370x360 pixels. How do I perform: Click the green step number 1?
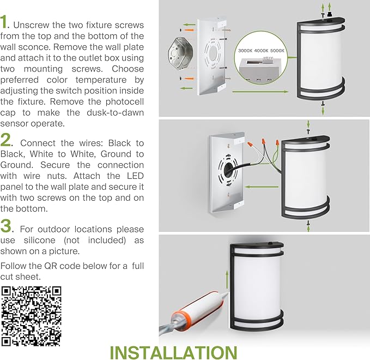pos(3,22)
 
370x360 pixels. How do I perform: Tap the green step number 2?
pos(5,140)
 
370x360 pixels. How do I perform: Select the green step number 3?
pos(5,226)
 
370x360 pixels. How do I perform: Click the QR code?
pos(31,316)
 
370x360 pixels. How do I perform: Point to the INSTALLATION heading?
pos(173,353)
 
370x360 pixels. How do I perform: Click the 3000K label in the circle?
pos(245,51)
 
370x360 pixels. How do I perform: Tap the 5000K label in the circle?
pos(277,51)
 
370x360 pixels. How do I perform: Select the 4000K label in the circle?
pos(261,51)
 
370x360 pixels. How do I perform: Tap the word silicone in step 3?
pos(40,240)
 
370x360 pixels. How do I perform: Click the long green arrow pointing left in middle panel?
pos(262,187)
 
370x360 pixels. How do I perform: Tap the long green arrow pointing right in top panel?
pos(260,92)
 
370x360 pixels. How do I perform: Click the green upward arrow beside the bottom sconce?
pos(227,279)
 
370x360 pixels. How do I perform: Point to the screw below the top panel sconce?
pos(323,103)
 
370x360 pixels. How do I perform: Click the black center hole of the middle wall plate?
pos(228,170)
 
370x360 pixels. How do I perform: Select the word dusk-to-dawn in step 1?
pos(115,112)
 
